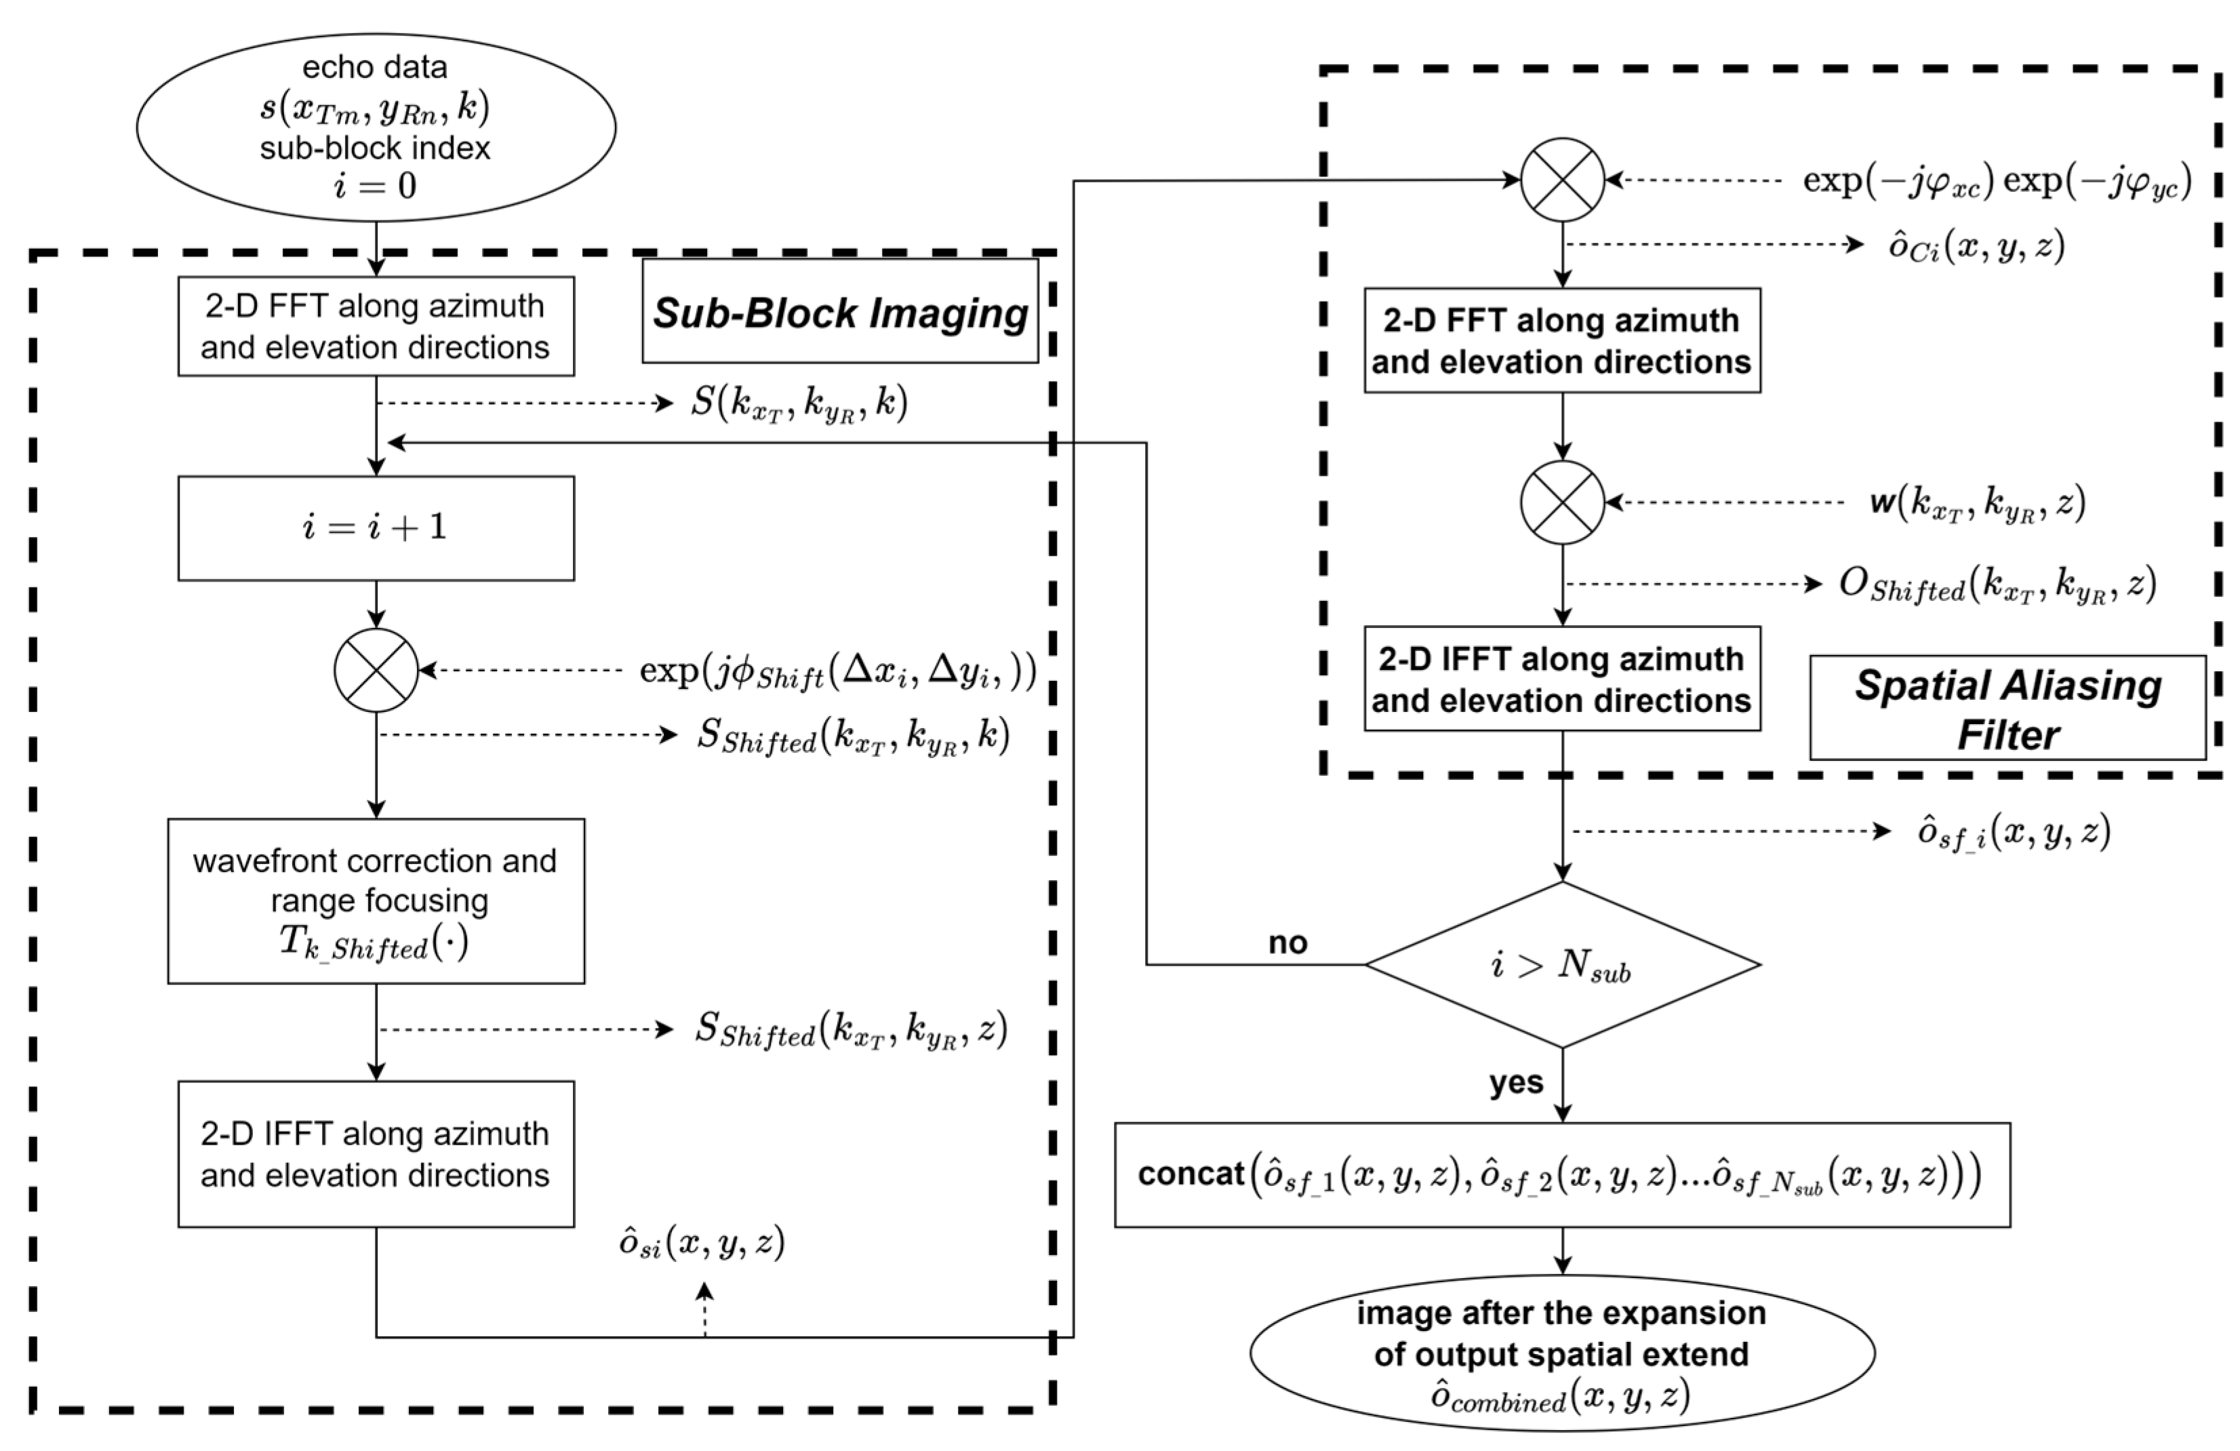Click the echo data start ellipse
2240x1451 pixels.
pyautogui.click(x=376, y=127)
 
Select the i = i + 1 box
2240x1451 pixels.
pyautogui.click(x=376, y=528)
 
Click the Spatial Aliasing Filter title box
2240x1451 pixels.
pyautogui.click(x=2007, y=709)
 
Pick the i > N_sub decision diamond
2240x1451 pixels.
pyautogui.click(x=1561, y=965)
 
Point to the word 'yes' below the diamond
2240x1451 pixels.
pyautogui.click(x=1515, y=1082)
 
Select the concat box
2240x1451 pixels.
pyautogui.click(x=1561, y=1174)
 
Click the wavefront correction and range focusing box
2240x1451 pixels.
pyautogui.click(x=376, y=900)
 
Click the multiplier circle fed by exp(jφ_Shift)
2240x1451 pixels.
pyautogui.click(x=376, y=670)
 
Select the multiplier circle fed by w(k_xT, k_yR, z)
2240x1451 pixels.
pyautogui.click(x=1561, y=502)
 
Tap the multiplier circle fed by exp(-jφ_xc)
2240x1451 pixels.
pyautogui.click(x=1561, y=180)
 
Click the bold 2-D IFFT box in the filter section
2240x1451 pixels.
pyautogui.click(x=1561, y=679)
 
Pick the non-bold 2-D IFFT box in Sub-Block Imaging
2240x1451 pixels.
pyautogui.click(x=376, y=1153)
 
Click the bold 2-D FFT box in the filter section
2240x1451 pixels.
pyautogui.click(x=1561, y=340)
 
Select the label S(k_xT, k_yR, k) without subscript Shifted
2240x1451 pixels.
pyautogui.click(x=798, y=403)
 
